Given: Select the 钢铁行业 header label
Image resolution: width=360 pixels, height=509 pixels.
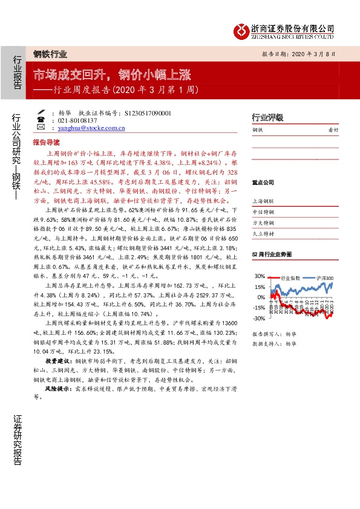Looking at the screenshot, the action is pyautogui.click(x=50, y=53).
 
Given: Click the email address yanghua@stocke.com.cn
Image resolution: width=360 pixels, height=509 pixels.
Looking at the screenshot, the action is pyautogui.click(x=88, y=128).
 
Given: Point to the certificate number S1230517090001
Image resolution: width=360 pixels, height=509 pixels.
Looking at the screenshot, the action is pyautogui.click(x=142, y=113).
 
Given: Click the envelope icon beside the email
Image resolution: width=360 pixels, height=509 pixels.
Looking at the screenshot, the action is pyautogui.click(x=41, y=128).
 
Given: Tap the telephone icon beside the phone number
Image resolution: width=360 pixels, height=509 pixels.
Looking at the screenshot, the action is pyautogui.click(x=41, y=121).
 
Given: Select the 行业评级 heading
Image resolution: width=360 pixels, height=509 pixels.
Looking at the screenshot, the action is pyautogui.click(x=267, y=117).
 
